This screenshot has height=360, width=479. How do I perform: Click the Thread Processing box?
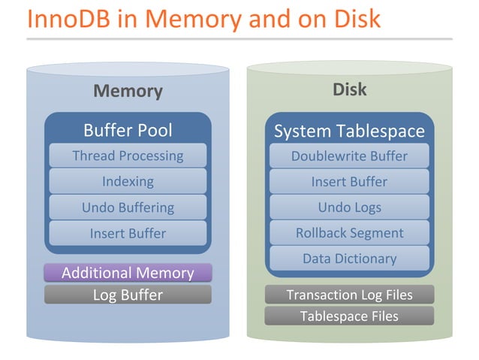128,156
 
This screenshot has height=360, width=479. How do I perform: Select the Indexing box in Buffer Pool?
128,181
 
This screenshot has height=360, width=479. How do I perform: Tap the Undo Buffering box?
128,207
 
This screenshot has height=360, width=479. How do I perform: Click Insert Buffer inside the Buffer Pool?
128,233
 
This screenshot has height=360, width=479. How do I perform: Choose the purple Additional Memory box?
128,273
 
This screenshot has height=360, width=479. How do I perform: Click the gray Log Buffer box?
128,295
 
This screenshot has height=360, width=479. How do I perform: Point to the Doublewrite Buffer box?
349,156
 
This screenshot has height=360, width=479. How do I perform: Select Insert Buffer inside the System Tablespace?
349,181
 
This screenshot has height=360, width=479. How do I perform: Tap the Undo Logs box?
349,207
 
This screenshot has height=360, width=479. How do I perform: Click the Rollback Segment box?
349,233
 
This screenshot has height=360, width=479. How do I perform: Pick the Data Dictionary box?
349,259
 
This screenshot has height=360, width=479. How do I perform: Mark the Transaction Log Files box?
349,295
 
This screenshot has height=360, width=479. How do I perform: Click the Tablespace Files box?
349,316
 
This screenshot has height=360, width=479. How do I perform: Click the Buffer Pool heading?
128,130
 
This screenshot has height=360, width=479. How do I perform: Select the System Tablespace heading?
349,132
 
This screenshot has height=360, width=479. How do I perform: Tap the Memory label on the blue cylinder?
128,91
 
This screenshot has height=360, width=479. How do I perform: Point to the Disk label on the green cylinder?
349,89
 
